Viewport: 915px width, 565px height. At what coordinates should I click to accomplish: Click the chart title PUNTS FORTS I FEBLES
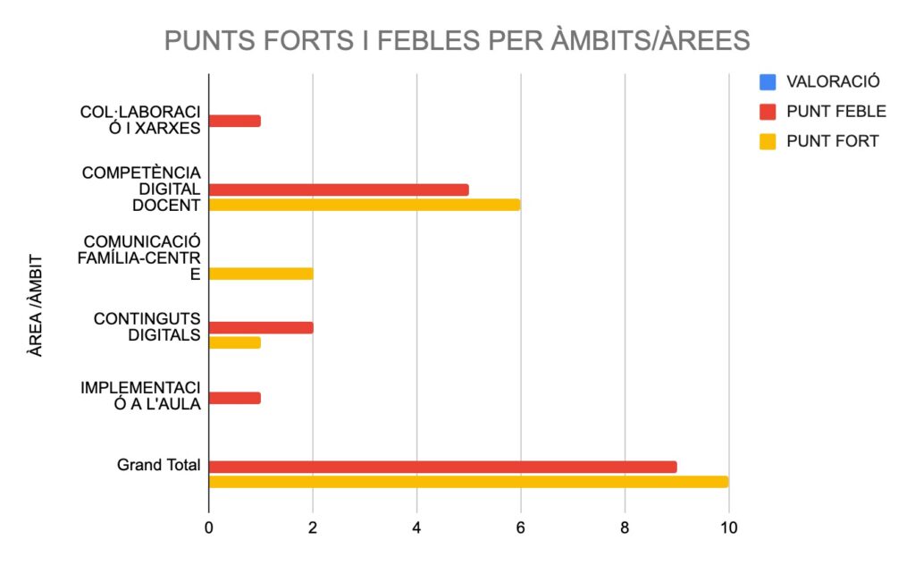coord(457,41)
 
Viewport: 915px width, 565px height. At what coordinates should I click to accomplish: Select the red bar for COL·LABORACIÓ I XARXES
coord(235,121)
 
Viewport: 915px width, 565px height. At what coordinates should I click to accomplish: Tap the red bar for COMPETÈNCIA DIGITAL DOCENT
coord(339,190)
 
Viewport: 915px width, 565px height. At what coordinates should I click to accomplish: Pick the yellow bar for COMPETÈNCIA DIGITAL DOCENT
coord(365,205)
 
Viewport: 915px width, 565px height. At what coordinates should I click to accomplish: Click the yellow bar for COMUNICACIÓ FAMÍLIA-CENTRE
coord(261,274)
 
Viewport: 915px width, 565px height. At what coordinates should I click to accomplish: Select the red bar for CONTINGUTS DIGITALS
coord(261,327)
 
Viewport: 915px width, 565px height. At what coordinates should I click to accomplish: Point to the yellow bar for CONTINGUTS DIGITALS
coord(235,342)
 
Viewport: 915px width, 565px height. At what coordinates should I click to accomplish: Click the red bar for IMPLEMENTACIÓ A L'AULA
coord(235,398)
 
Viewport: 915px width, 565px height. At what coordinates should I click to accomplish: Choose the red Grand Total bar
coord(442,467)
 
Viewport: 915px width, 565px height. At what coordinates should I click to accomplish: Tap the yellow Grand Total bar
coord(468,482)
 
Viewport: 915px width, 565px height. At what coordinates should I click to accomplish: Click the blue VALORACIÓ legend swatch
coord(767,82)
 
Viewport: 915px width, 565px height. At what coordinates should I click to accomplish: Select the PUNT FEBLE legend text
coord(835,112)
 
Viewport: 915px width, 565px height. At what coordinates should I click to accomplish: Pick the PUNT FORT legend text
coord(832,141)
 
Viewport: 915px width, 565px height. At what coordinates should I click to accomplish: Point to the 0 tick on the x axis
coord(209,527)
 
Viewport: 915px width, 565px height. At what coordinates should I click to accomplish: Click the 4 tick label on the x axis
coord(417,527)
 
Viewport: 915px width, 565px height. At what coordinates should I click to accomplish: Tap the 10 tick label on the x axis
coord(728,527)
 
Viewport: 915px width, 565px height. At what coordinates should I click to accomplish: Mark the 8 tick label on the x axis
coord(625,527)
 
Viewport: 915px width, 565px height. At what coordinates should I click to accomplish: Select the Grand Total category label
coord(158,466)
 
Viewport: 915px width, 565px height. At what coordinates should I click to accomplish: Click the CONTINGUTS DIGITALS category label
coord(147,327)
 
